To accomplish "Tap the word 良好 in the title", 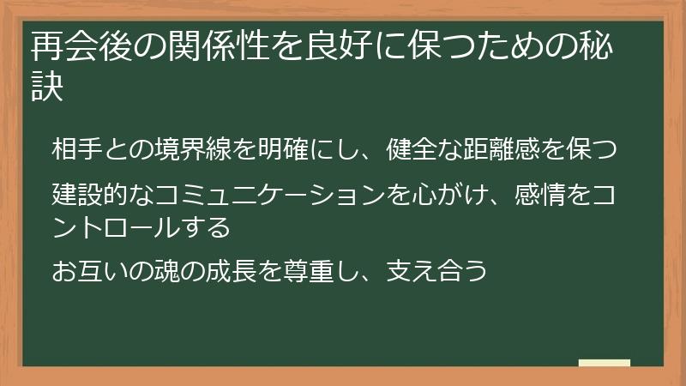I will (329, 44).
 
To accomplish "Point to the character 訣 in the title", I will (48, 87).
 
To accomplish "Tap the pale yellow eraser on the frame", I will (604, 364).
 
